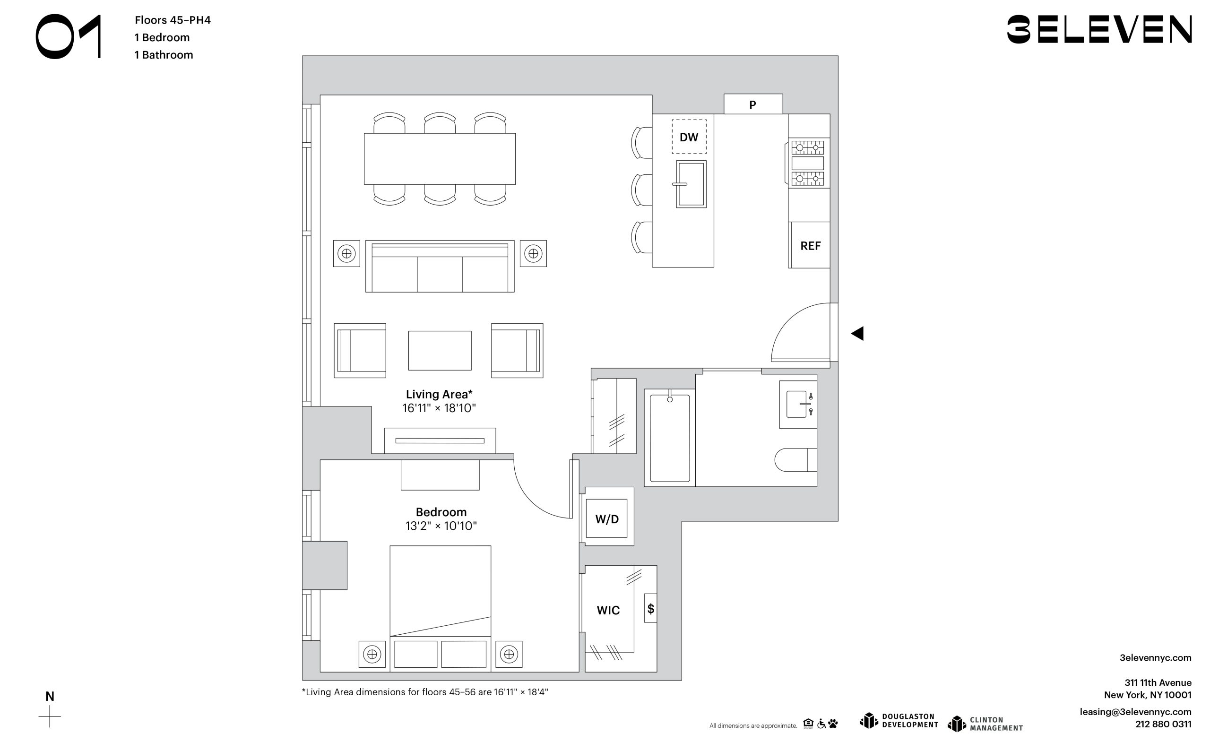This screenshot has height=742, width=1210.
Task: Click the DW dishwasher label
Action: [689, 138]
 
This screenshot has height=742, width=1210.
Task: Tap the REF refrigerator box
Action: [809, 245]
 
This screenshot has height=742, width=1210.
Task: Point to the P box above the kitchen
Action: [753, 104]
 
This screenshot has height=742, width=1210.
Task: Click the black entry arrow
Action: [857, 334]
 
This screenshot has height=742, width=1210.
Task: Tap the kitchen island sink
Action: [691, 184]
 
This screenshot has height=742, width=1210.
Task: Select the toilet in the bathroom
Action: [795, 460]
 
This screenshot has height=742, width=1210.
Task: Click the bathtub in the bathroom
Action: [670, 438]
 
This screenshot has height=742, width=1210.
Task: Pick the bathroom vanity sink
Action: [798, 404]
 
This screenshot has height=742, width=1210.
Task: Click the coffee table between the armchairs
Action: [440, 351]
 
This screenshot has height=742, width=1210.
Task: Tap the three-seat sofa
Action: [440, 266]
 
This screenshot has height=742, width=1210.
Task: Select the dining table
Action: [440, 159]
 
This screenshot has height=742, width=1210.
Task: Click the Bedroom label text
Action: [441, 512]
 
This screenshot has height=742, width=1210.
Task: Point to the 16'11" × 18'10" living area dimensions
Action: [439, 408]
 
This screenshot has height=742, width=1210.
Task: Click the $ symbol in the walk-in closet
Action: [651, 609]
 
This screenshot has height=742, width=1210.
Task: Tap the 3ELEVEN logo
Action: [1099, 29]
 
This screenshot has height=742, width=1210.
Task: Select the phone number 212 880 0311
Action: [1163, 724]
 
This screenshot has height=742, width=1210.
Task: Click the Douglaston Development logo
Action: [899, 720]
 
